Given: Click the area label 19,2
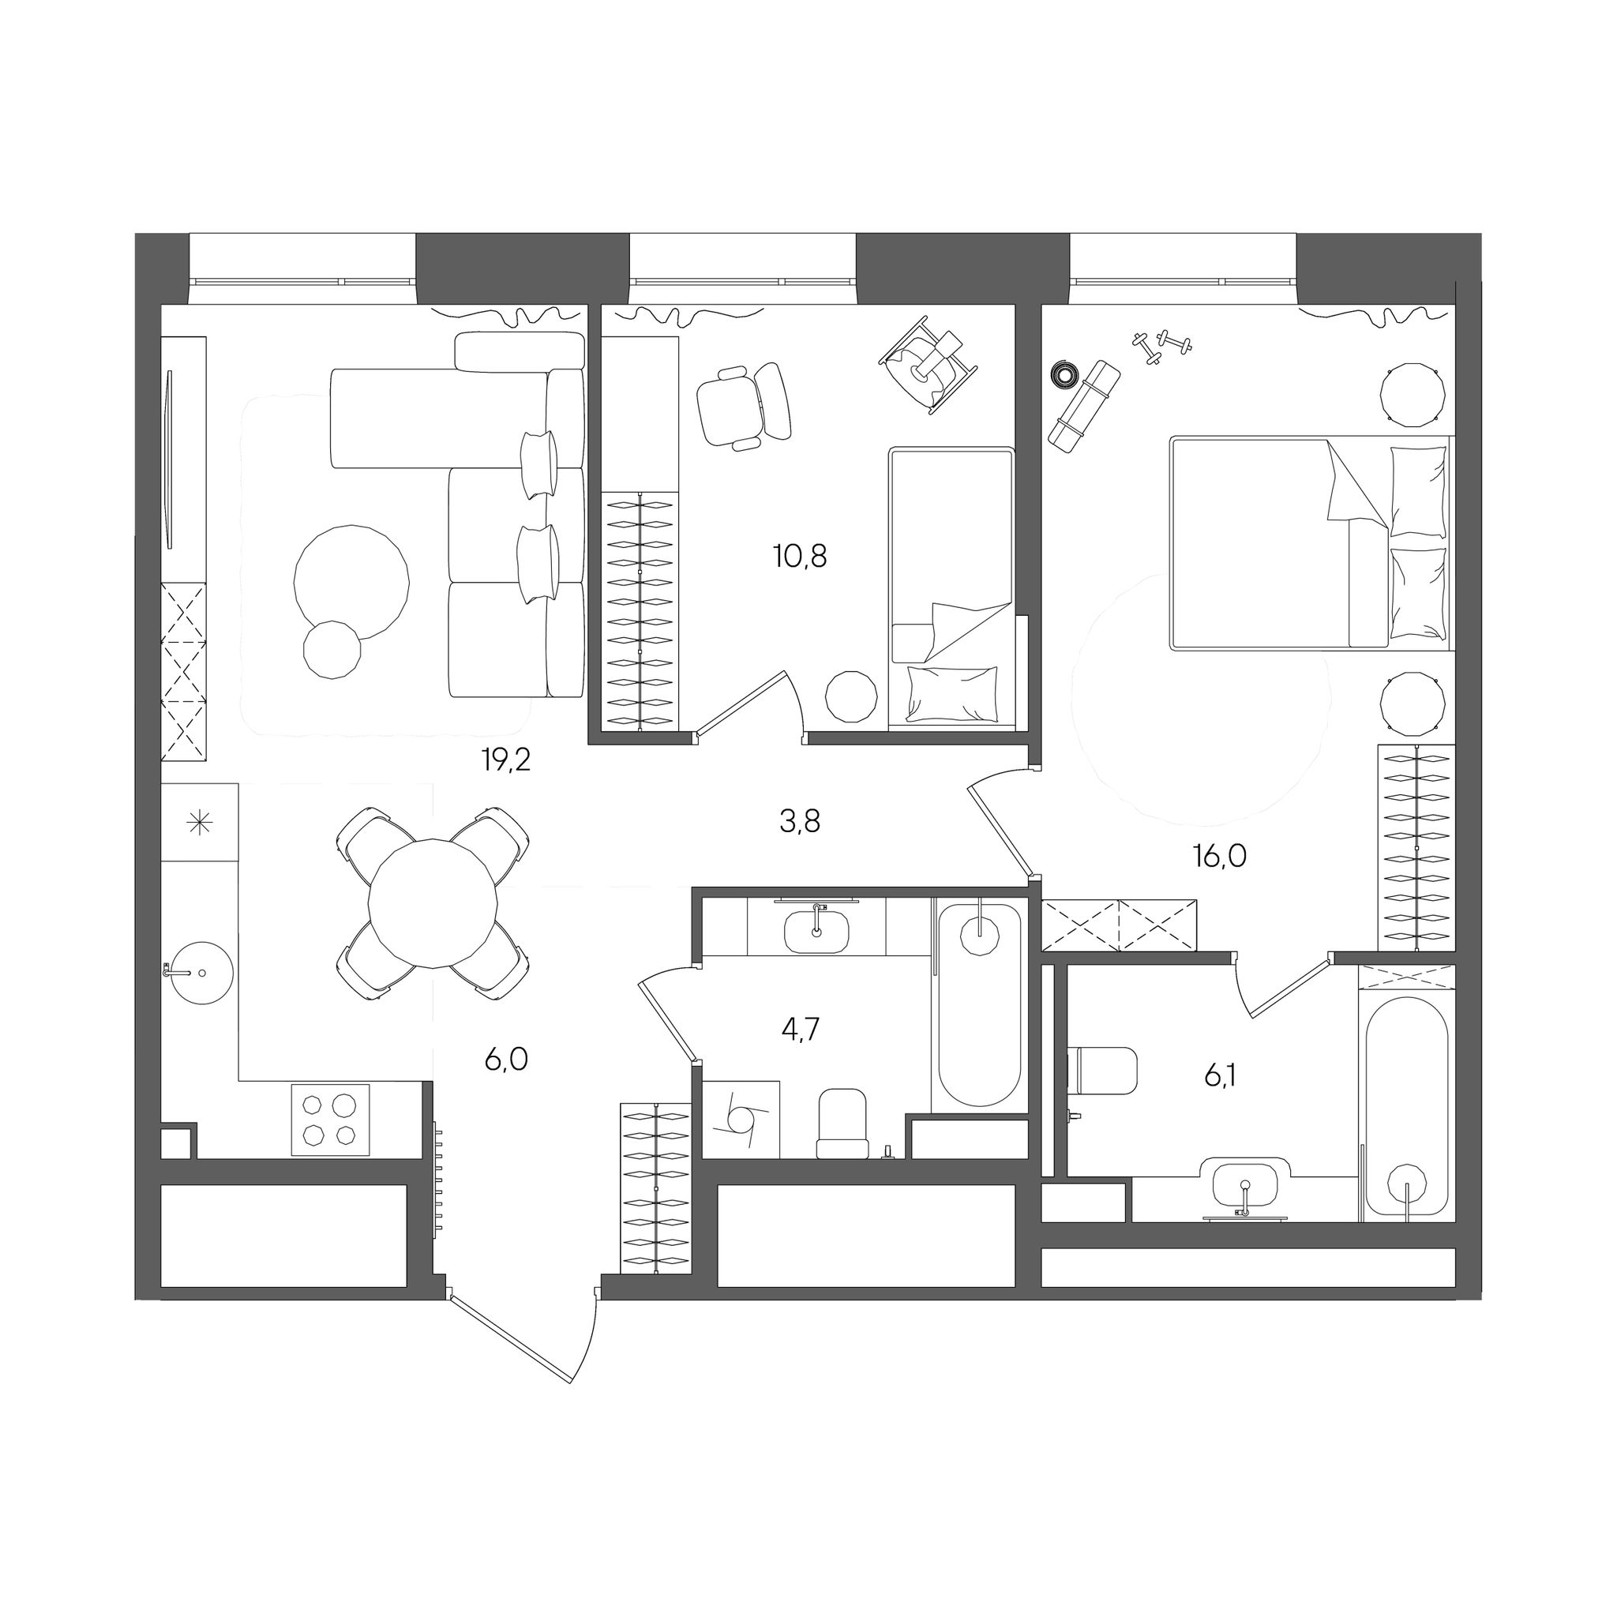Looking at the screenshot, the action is (505, 760).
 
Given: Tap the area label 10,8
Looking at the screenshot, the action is (800, 556).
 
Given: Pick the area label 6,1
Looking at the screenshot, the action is (1219, 1075).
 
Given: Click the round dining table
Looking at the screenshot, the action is (433, 902).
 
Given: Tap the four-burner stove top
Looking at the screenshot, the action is (331, 1120).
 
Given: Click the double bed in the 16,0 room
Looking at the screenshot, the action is (1311, 542).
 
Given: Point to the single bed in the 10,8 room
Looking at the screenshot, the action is (951, 586).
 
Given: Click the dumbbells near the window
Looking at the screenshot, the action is (1162, 347).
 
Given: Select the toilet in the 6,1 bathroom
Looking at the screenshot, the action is (1102, 1069).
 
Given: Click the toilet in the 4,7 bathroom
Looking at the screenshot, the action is (842, 1124).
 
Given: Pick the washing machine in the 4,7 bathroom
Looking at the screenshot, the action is (741, 1120).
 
